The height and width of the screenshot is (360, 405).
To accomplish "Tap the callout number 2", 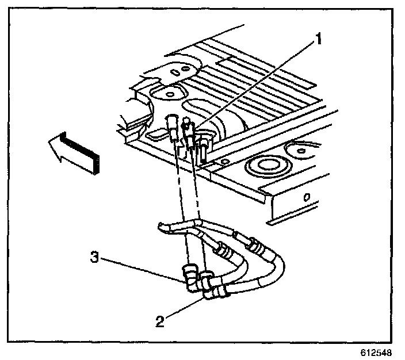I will coord(161,320).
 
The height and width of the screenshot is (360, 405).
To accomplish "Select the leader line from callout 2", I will coord(181,307).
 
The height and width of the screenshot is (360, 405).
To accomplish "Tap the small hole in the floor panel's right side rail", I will coord(306,197).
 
